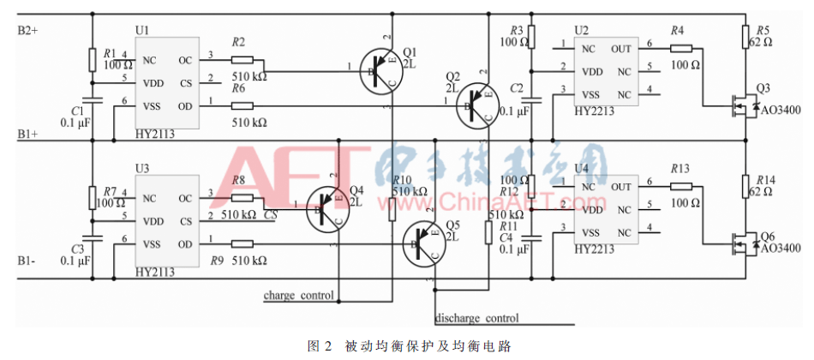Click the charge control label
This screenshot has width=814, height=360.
coord(299,296)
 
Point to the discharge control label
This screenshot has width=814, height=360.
coord(476,319)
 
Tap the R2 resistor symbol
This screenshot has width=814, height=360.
coord(242,60)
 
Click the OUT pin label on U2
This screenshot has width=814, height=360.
coord(621,49)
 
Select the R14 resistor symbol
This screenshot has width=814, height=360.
coord(745,188)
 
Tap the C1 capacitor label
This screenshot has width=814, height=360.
coord(78,111)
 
